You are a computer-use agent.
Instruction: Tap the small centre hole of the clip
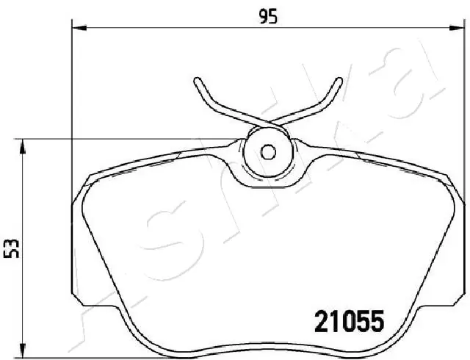pos(269,152)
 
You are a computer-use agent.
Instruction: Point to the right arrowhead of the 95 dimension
pos(460,29)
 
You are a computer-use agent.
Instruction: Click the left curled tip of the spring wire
pos(197,79)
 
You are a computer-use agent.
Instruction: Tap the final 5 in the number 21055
pos(377,321)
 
